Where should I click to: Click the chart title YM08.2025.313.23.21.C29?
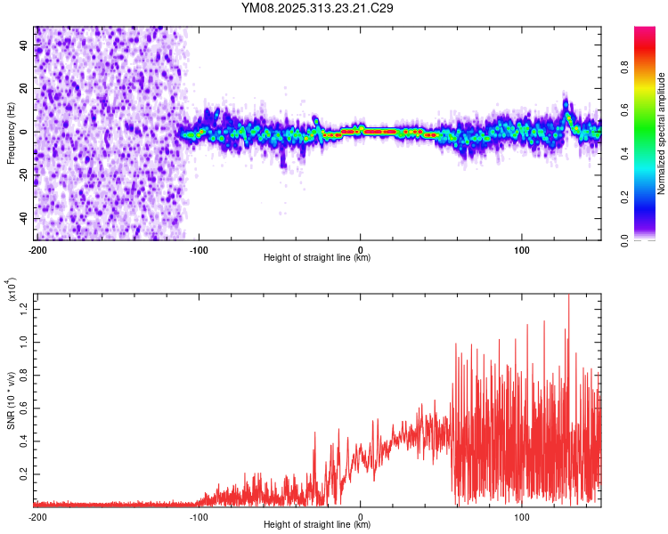click(318, 9)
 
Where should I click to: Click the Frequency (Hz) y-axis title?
click(11, 133)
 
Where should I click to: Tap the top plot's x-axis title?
click(317, 258)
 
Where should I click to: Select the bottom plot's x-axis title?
click(317, 525)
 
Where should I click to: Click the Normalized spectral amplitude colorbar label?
click(662, 133)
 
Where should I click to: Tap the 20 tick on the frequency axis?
click(24, 88)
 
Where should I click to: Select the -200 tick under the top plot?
click(37, 248)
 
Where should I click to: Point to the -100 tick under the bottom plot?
click(199, 516)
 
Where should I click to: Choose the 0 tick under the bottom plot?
click(361, 516)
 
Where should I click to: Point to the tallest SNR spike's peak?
click(568, 296)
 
